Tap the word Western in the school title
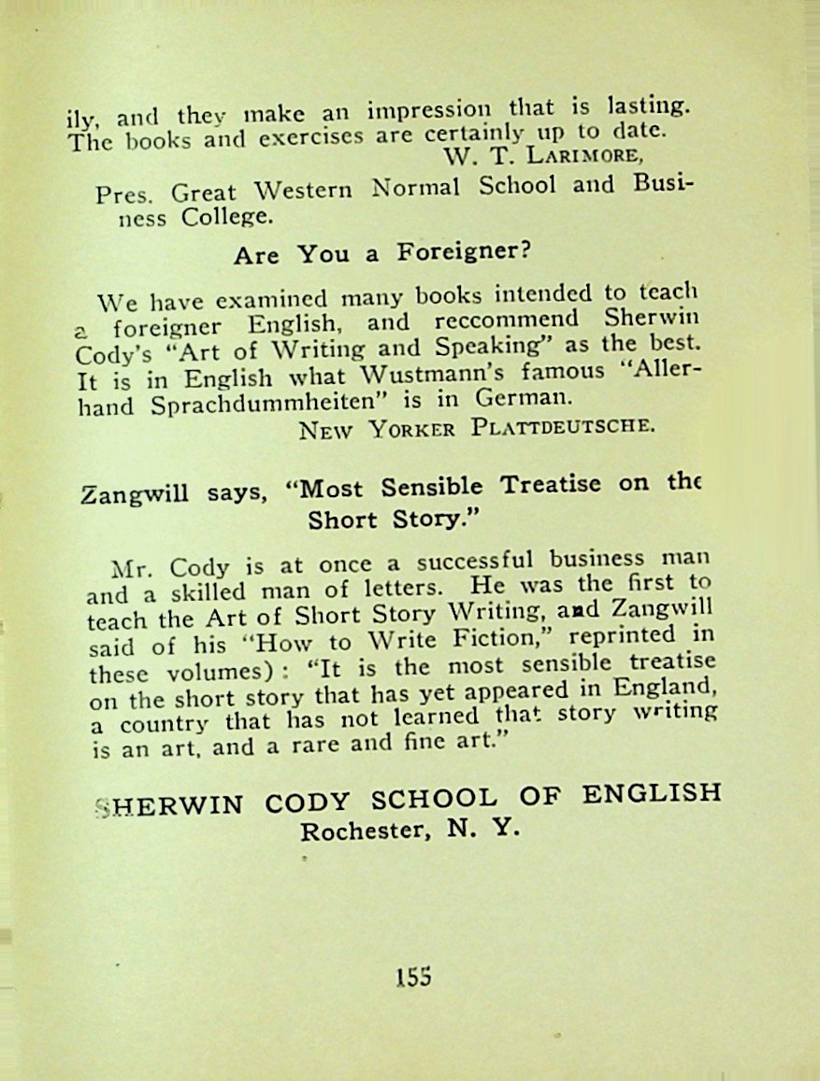point(303,191)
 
